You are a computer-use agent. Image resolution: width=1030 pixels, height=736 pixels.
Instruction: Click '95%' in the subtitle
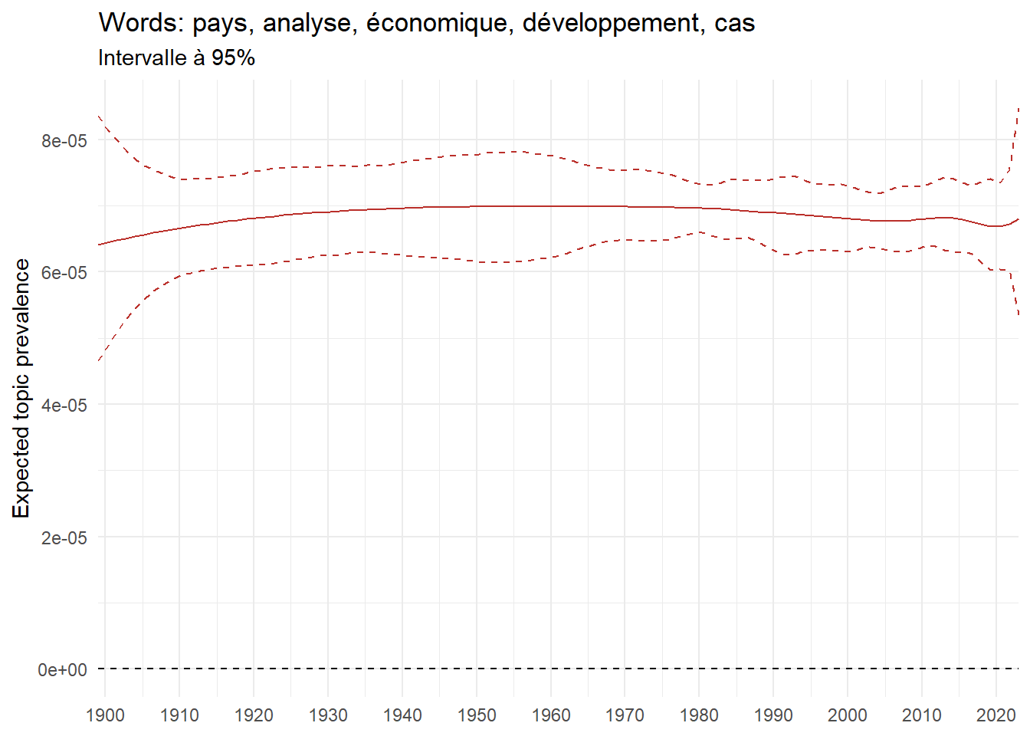click(233, 58)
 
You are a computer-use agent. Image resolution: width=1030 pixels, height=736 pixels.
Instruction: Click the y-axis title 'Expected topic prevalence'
click(21, 388)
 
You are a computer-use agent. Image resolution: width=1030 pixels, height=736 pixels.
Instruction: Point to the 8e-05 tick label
click(64, 140)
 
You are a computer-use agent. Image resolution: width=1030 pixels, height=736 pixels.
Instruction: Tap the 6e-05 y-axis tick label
click(64, 273)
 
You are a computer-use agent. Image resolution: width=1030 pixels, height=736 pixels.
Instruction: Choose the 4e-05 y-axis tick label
click(64, 406)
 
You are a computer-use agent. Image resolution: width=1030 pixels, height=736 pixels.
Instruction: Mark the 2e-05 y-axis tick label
click(64, 538)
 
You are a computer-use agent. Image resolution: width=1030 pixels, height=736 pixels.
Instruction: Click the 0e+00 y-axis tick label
click(63, 670)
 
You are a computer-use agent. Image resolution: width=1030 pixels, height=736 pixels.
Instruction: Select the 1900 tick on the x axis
click(105, 716)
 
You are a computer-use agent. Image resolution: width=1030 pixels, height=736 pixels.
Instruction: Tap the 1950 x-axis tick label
click(477, 716)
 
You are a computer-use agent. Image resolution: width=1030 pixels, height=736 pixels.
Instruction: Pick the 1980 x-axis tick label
click(699, 716)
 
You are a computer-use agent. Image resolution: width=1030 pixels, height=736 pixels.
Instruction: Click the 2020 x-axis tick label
click(996, 716)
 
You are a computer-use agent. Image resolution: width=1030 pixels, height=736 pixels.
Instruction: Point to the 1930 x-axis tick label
click(328, 716)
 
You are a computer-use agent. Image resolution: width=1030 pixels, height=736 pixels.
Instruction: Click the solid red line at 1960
click(550, 206)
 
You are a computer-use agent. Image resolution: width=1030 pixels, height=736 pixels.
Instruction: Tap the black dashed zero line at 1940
click(402, 669)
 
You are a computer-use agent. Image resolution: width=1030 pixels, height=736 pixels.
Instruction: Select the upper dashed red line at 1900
click(106, 124)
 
